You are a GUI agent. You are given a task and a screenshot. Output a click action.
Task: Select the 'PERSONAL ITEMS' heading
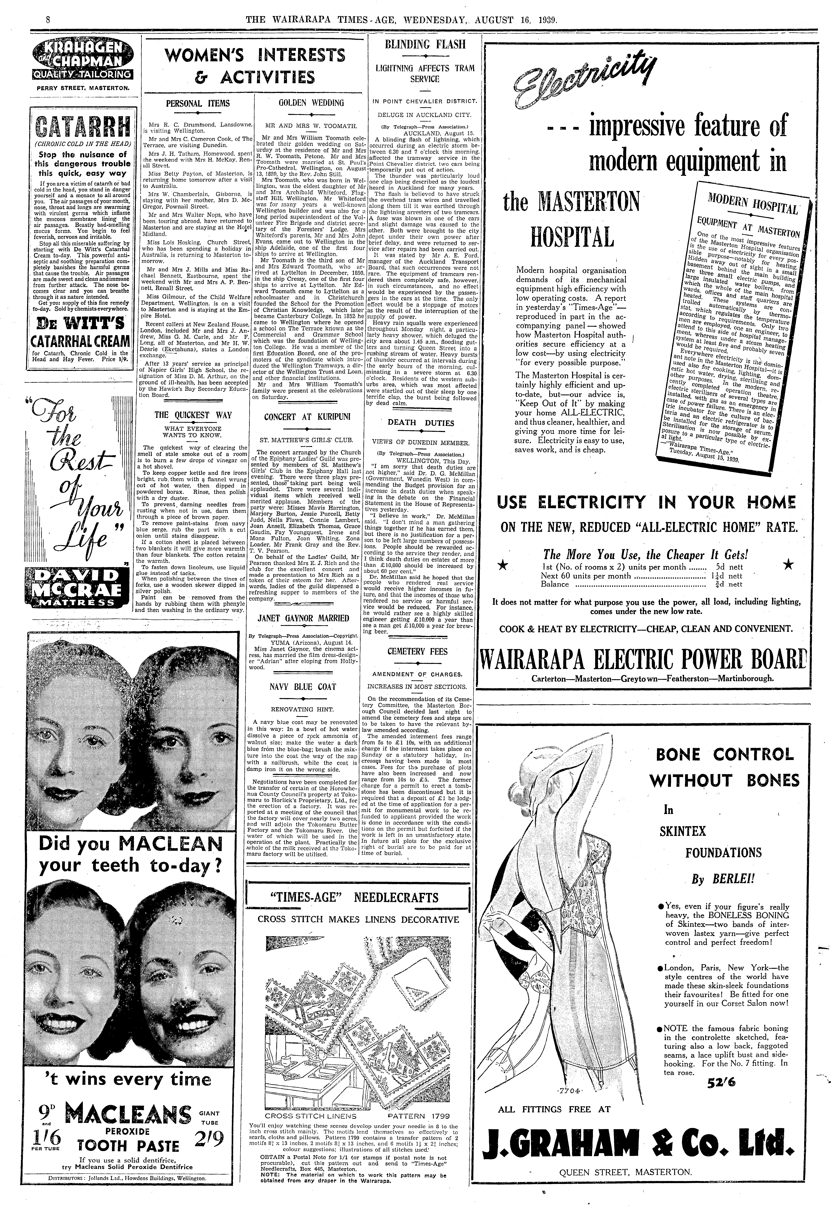198,103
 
